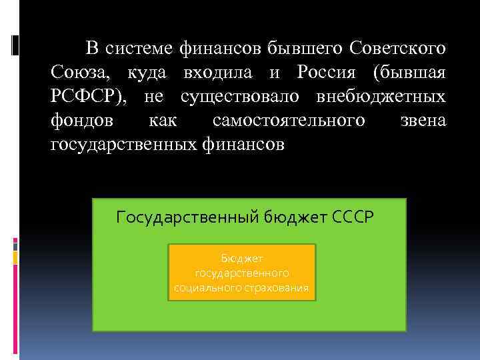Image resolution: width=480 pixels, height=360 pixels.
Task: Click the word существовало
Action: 241,97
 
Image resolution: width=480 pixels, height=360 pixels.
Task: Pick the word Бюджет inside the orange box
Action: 241,259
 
